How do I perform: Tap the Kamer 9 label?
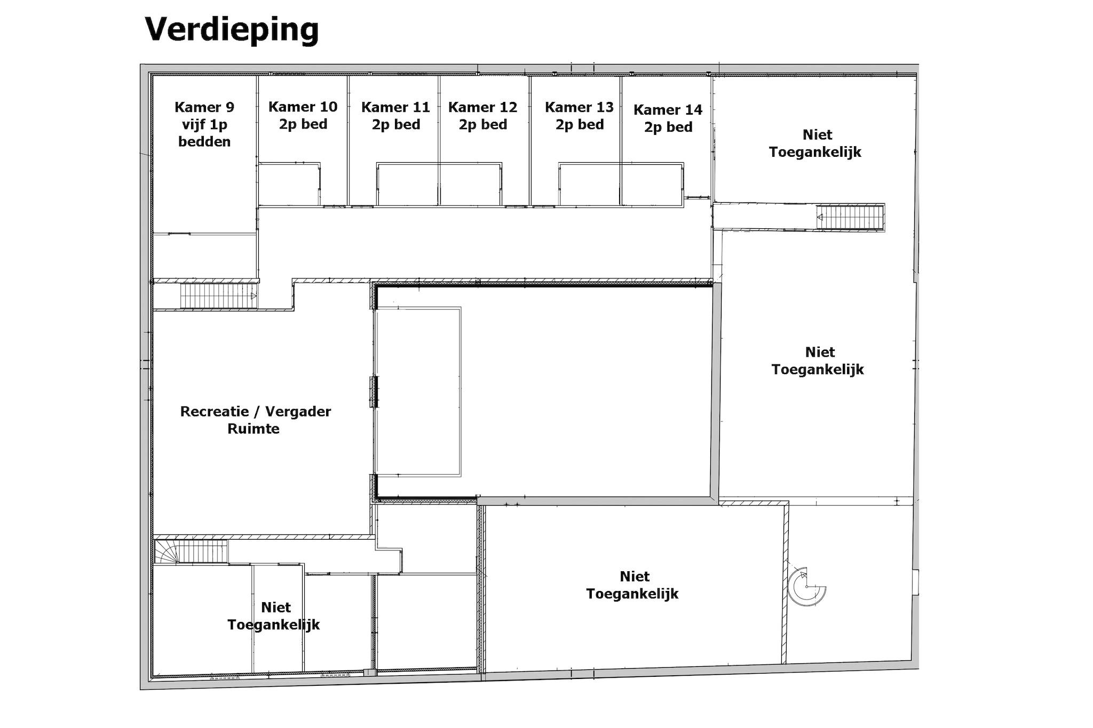click(204, 107)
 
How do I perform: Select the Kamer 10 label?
click(303, 107)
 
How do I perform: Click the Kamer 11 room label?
click(395, 107)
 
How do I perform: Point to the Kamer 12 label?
click(482, 107)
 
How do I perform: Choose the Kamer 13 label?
click(579, 107)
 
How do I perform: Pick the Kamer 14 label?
click(668, 110)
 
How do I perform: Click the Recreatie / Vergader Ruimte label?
click(255, 420)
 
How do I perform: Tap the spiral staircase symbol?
click(807, 587)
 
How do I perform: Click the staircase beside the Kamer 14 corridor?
click(850, 217)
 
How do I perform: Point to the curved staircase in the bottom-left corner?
click(191, 551)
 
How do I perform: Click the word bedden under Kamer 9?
click(204, 141)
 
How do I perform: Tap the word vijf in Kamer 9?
click(193, 125)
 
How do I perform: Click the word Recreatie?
click(215, 411)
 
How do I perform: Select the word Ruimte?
click(254, 429)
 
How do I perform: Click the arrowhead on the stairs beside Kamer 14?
click(820, 217)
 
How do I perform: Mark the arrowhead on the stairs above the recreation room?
click(254, 296)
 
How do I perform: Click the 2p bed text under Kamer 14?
click(668, 127)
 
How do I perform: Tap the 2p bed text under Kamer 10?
click(303, 124)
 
